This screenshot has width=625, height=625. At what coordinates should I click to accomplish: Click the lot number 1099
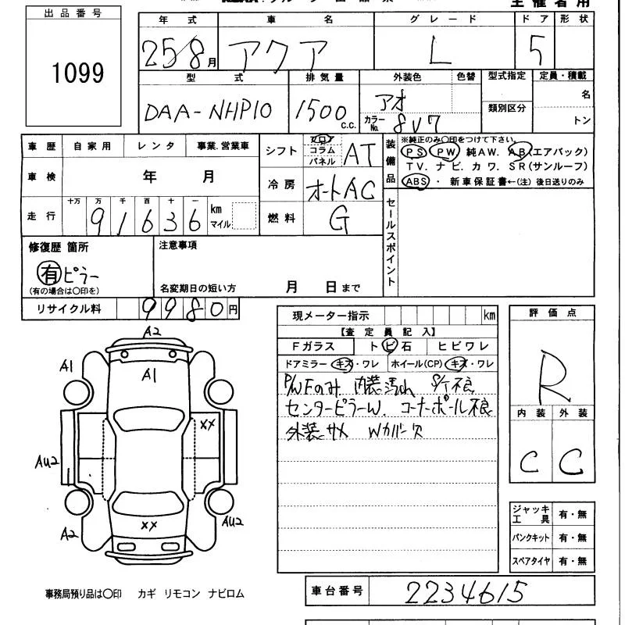click(77, 73)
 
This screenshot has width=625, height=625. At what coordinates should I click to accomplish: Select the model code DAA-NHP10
click(208, 111)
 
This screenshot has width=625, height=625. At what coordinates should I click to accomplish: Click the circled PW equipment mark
click(445, 152)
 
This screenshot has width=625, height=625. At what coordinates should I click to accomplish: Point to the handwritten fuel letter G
click(338, 221)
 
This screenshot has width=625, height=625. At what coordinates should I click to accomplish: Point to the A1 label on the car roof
click(148, 376)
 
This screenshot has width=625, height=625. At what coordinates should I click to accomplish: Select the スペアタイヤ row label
click(531, 561)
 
